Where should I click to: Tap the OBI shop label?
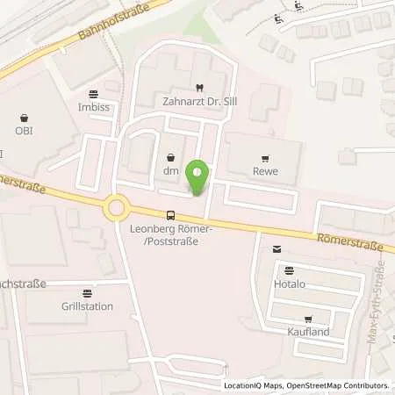coord(23,131)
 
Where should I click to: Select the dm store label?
coord(169,172)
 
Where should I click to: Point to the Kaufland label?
coord(306,332)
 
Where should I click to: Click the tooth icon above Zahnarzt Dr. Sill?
coord(198,87)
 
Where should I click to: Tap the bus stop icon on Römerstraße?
coord(169,215)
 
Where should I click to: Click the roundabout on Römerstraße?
coord(116,208)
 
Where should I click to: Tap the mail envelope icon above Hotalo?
coord(276,250)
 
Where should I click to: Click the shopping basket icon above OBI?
coord(23,116)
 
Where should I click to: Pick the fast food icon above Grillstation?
coord(86,294)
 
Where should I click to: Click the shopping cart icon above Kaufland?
coord(306,319)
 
